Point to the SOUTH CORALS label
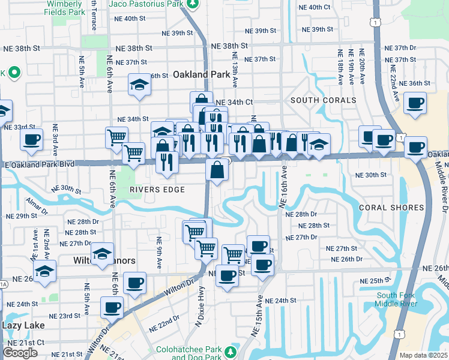[323, 100]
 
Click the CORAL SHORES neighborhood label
[391, 208]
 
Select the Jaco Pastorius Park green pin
[192, 5]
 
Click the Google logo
[20, 353]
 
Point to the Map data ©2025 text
[424, 355]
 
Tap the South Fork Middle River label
[397, 299]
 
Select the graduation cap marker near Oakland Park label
[139, 85]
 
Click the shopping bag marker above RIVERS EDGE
[217, 170]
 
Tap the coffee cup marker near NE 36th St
[415, 103]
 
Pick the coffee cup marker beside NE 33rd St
[31, 140]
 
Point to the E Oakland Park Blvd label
[41, 164]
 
